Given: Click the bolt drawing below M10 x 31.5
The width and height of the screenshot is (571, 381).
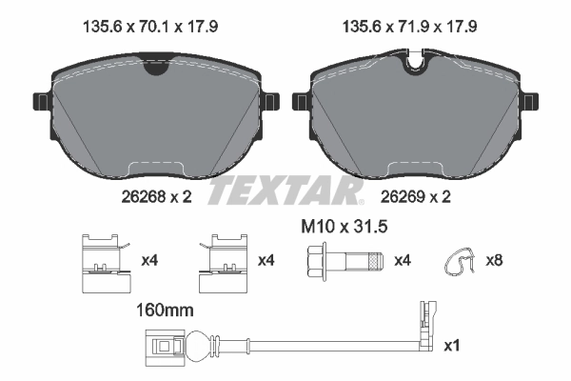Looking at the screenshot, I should (x=344, y=260).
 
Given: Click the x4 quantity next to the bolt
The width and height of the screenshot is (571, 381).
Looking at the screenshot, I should (x=403, y=260).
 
